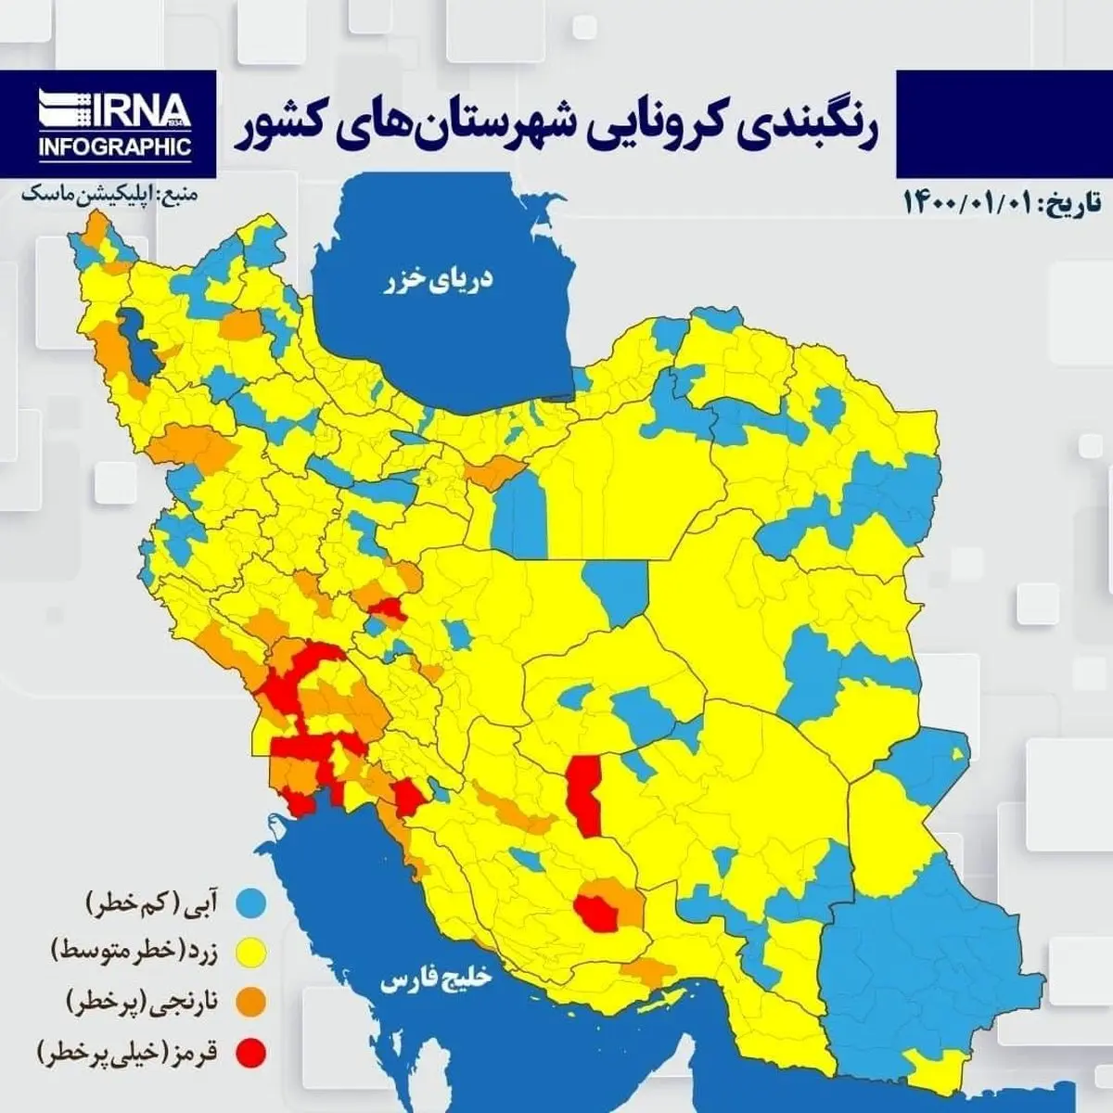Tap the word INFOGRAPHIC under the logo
coord(115,146)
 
